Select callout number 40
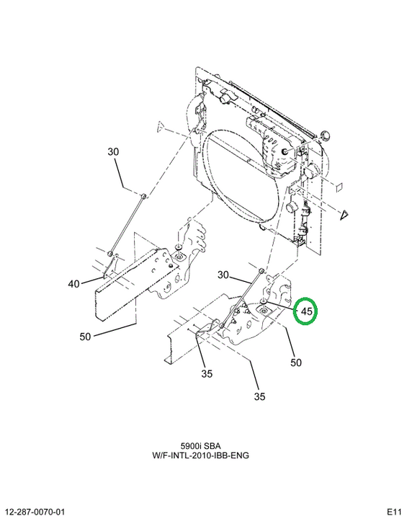click(73, 284)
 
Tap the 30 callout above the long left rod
click(113, 151)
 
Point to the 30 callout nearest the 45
click(223, 275)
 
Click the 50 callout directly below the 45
click(296, 363)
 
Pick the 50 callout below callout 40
click(85, 337)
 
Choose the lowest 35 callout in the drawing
click(260, 396)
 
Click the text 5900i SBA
click(200, 446)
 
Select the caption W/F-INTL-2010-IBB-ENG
click(200, 456)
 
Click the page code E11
click(394, 511)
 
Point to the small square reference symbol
click(339, 187)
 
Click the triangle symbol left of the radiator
click(161, 126)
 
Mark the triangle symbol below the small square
click(344, 215)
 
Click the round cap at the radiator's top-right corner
click(326, 136)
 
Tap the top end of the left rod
click(143, 196)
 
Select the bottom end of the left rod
click(110, 254)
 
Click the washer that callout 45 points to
click(264, 301)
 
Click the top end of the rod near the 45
click(261, 270)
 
